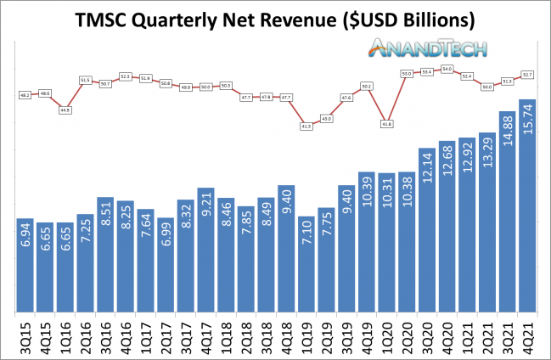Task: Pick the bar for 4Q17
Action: (205, 250)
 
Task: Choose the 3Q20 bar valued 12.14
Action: (425, 230)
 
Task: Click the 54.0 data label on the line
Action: (447, 69)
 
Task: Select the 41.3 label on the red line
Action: (306, 126)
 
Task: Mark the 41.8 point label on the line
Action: (387, 124)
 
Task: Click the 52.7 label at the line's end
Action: (526, 75)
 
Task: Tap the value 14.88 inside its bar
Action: (506, 136)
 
